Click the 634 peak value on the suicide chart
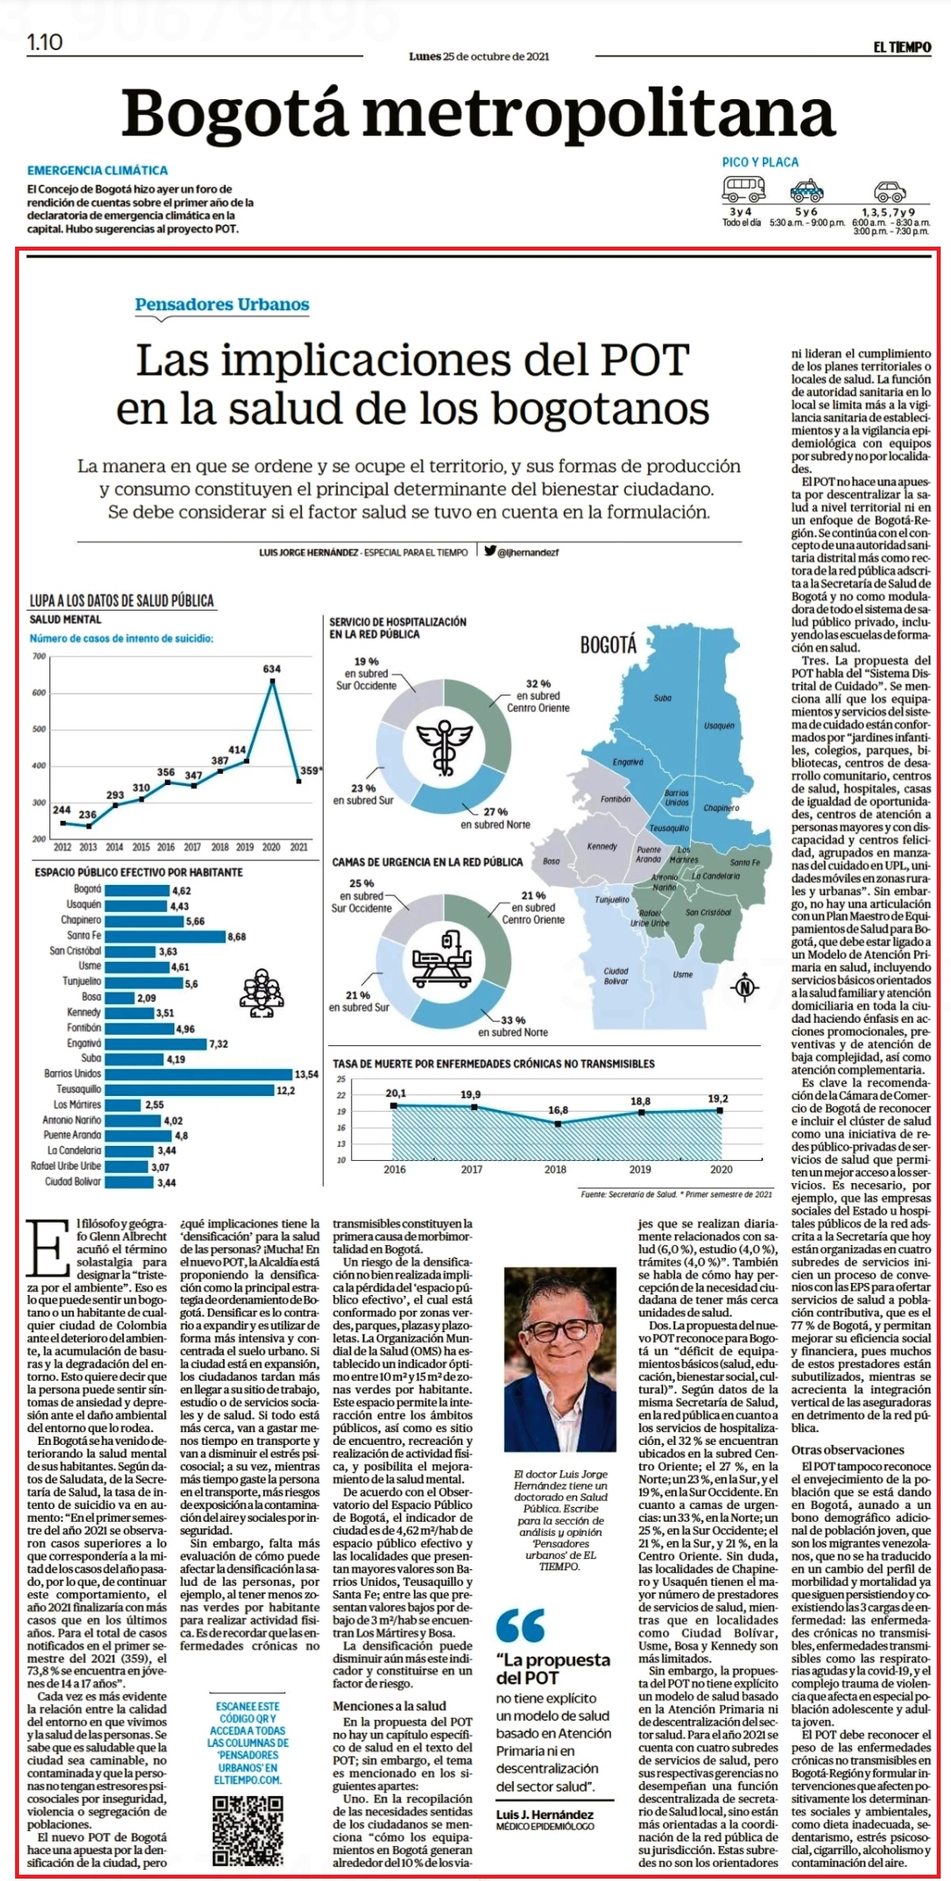tap(272, 669)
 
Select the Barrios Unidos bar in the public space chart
tap(198, 1074)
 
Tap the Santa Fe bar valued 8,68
tap(165, 936)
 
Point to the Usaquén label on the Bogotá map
tap(719, 725)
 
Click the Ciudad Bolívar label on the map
tap(615, 975)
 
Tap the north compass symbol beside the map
tap(744, 987)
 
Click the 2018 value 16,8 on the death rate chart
tap(558, 1110)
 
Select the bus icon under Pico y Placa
tap(743, 189)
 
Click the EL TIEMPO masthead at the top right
tap(902, 48)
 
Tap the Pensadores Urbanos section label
tap(222, 305)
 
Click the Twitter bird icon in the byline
tap(490, 550)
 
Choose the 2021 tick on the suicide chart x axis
tap(298, 847)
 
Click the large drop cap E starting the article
tap(46, 1249)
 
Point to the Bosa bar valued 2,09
tap(119, 998)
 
